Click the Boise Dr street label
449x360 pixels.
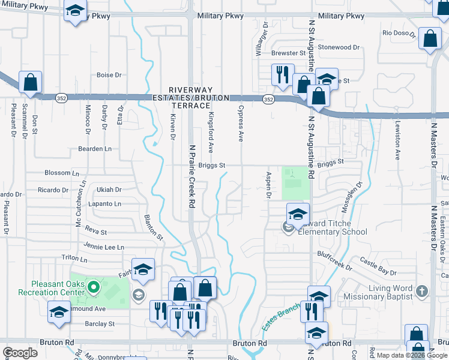pyautogui.click(x=109, y=75)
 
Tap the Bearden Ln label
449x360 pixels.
pyautogui.click(x=95, y=148)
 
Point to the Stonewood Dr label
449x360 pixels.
pyautogui.click(x=339, y=47)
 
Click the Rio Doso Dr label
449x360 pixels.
pyautogui.click(x=399, y=34)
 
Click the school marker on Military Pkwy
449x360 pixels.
pyautogui.click(x=76, y=12)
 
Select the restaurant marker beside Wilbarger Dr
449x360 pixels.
pyautogui.click(x=282, y=75)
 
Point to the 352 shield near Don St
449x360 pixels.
pyautogui.click(x=61, y=97)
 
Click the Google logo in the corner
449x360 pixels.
pyautogui.click(x=20, y=353)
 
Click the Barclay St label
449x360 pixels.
pyautogui.click(x=100, y=324)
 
